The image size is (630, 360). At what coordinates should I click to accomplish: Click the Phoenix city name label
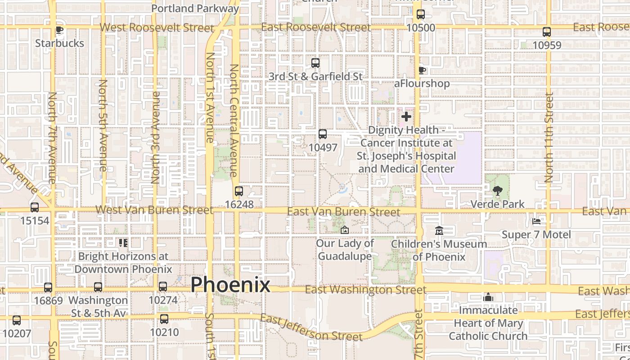230,285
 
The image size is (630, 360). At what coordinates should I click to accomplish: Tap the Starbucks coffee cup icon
59,30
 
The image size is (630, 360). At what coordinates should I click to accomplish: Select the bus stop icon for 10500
420,14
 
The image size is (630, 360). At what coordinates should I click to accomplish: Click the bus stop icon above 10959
547,32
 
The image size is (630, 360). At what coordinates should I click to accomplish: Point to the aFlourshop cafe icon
422,70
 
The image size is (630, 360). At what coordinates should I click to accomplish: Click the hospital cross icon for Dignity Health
406,117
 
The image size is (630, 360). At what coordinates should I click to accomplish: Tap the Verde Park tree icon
497,191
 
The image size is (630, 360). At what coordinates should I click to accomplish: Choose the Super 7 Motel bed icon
536,221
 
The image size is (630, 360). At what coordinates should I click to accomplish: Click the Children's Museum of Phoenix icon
439,231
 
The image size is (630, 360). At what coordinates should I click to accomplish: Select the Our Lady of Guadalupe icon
344,230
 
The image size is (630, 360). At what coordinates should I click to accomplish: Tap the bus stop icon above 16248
239,191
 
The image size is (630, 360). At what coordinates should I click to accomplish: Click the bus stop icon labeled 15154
35,207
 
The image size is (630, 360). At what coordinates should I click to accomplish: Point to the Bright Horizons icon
123,243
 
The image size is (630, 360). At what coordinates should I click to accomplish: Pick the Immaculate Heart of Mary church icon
488,297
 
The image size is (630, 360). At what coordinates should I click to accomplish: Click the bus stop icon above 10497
323,134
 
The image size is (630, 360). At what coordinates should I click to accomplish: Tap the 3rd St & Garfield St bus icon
315,63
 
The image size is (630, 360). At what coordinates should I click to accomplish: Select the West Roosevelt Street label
157,27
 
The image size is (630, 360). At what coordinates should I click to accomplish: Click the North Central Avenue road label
234,120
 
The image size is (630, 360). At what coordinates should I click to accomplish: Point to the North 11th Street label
549,137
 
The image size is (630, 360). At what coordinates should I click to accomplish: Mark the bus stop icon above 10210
164,319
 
